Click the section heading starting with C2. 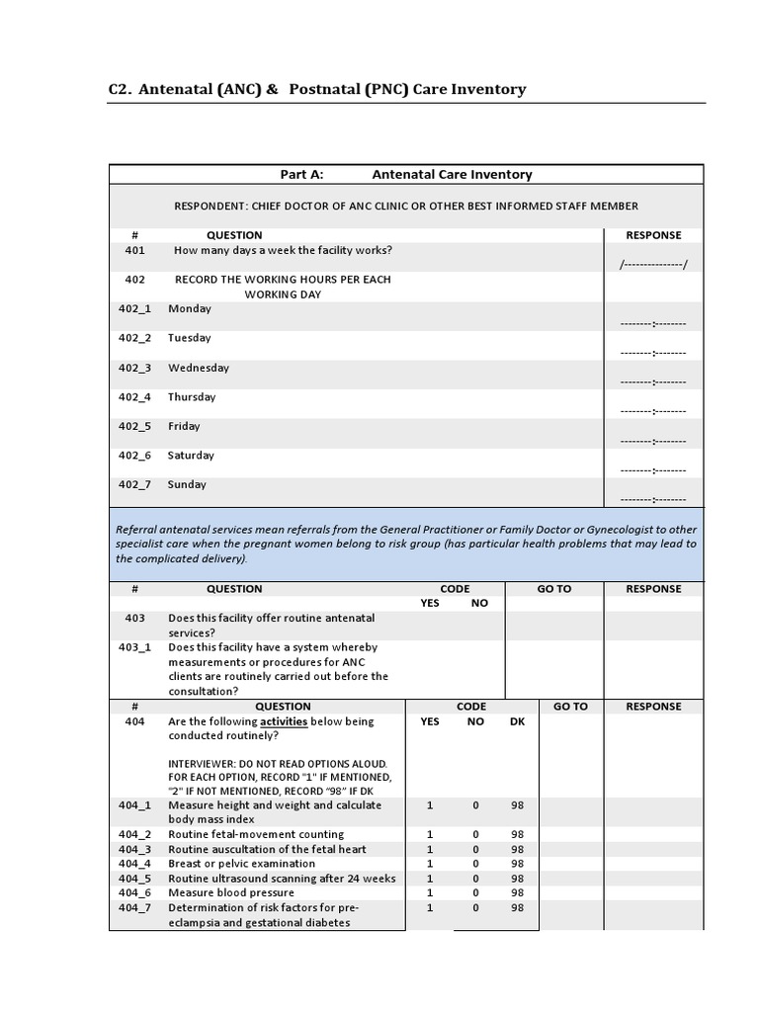[x=316, y=90]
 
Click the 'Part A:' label [x=302, y=175]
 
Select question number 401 [x=134, y=251]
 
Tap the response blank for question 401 [x=653, y=265]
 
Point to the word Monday [x=190, y=309]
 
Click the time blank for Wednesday [x=653, y=381]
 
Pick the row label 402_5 [x=135, y=427]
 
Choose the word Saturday [x=192, y=456]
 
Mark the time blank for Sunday [x=653, y=499]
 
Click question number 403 [x=134, y=619]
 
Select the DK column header [x=517, y=721]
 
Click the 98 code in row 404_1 [x=517, y=805]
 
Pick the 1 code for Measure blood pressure [x=430, y=893]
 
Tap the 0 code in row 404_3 [x=475, y=850]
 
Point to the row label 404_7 [x=135, y=908]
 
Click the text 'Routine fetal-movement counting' [x=256, y=835]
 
